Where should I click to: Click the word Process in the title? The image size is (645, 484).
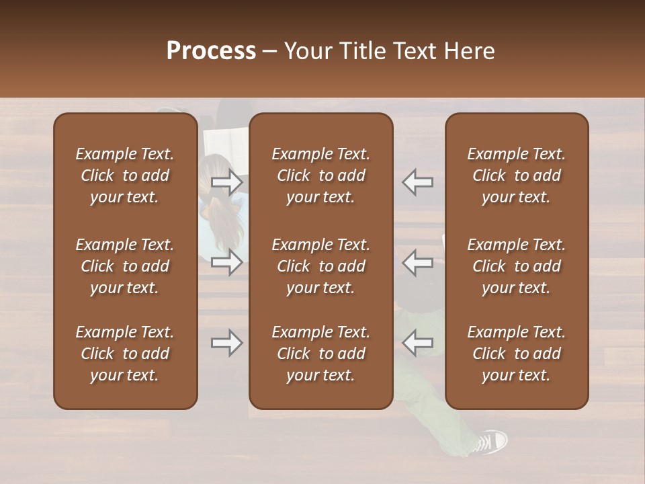211,51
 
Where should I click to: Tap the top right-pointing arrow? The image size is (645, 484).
227,182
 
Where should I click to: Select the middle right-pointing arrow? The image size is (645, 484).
227,261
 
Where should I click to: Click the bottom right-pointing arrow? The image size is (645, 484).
227,343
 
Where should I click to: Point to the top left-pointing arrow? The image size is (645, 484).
417,182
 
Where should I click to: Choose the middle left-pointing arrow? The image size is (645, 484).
417,261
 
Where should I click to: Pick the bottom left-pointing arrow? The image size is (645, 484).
417,343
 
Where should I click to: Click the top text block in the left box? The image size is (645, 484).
125,175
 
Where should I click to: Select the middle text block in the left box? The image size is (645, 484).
125,266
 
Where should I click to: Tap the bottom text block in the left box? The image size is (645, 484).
125,354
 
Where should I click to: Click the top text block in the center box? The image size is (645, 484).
321,175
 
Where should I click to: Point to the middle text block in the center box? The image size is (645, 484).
321,266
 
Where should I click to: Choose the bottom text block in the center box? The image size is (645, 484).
321,354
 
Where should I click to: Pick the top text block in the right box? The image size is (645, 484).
517,175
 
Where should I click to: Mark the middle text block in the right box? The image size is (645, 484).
517,266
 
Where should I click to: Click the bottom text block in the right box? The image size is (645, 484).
517,354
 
